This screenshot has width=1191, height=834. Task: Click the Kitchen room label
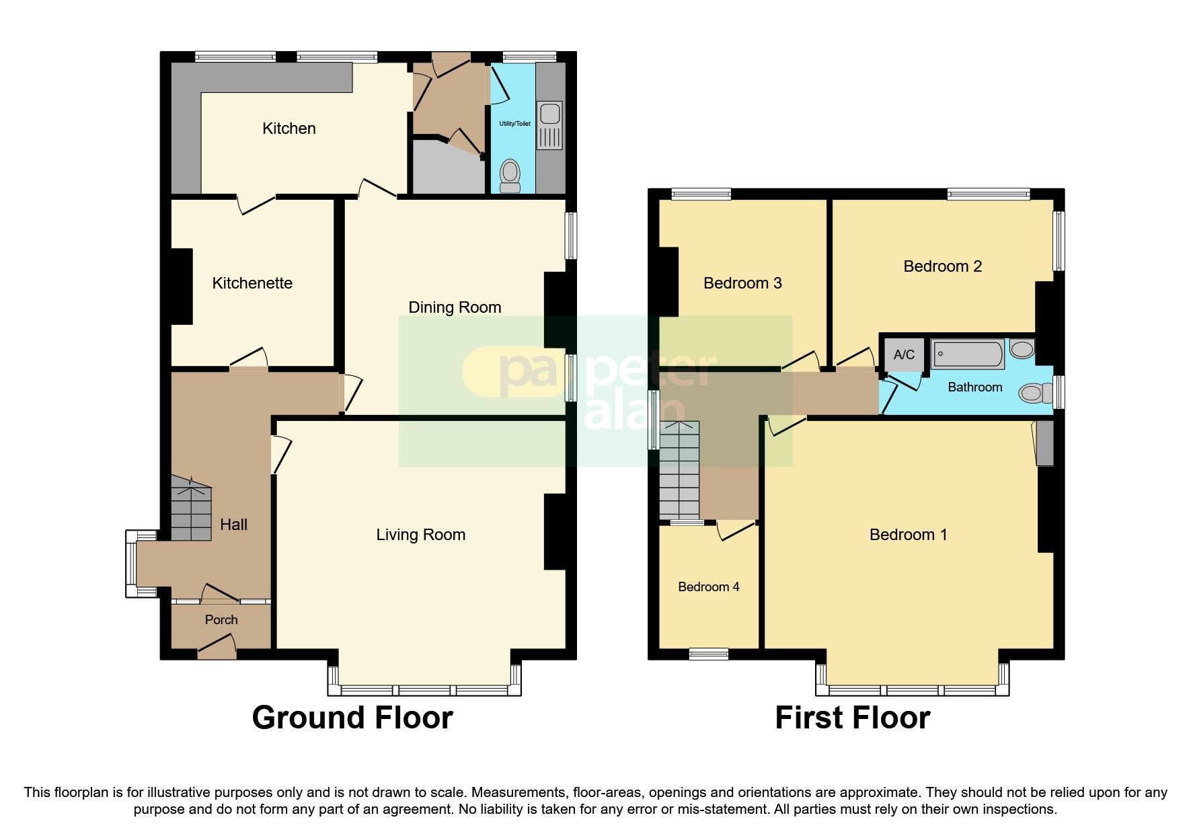pos(289,128)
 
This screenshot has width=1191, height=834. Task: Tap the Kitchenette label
pos(252,283)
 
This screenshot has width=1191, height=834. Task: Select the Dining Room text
pos(455,307)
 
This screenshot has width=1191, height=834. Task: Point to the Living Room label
pos(420,535)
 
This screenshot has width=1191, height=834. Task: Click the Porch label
pos(221,620)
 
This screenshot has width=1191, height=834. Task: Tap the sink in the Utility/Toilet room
pos(549,125)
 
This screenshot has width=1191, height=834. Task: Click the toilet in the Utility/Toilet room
pos(510,176)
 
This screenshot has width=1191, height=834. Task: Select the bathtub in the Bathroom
pos(967,354)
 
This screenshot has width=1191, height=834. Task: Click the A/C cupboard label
pos(904,354)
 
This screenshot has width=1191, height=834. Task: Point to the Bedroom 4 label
pos(708,587)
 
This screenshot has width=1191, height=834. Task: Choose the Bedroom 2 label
pos(942,266)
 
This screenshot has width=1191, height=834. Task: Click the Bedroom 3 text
pos(742,283)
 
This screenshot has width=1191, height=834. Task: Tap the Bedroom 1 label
pos(908,535)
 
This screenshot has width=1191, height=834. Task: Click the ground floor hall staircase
pos(191,509)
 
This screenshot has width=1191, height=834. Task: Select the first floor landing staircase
pos(679,471)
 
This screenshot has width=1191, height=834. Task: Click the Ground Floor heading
pos(352,718)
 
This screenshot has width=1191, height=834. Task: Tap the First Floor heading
pos(852,718)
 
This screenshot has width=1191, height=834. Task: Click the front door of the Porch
pos(217,650)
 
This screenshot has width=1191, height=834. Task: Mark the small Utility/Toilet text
pos(514,124)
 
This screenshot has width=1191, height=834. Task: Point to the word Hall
pos(233,525)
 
